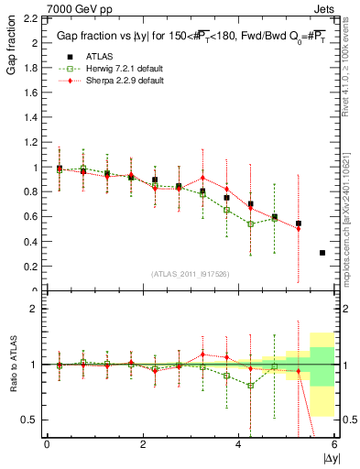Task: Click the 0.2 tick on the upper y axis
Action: tap(33, 267)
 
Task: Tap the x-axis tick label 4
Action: tap(239, 444)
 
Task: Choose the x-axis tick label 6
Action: tap(334, 444)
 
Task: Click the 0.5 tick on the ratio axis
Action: tap(33, 420)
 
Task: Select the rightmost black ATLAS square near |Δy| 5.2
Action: tap(299, 224)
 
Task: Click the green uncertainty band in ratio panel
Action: tap(322, 365)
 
